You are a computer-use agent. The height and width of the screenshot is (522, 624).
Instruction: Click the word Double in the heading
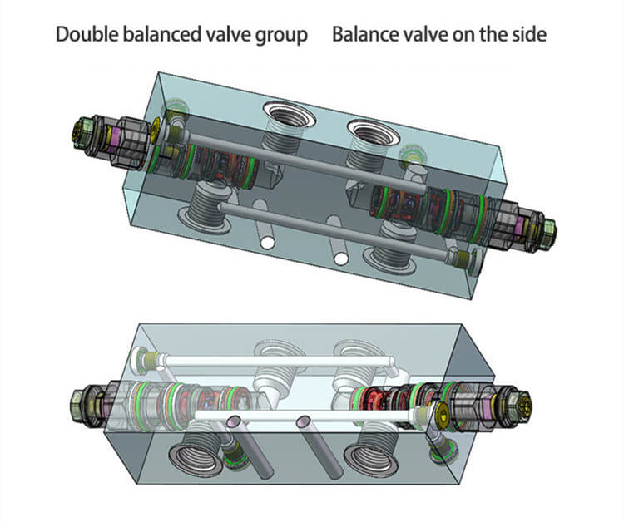coord(84,36)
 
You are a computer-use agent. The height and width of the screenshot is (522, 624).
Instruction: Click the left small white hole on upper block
coord(266,242)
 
